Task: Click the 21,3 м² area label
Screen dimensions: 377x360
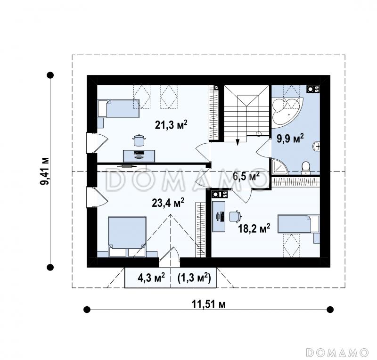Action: tap(171, 124)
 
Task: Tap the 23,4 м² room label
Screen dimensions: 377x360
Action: tap(168, 203)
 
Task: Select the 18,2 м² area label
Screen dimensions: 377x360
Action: tap(254, 228)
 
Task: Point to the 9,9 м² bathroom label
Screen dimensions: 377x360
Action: tap(290, 139)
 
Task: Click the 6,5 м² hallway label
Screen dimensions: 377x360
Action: tap(246, 176)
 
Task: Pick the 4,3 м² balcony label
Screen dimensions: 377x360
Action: tap(151, 278)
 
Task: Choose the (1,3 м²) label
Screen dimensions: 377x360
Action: tap(194, 278)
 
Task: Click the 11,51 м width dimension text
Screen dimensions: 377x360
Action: tap(208, 304)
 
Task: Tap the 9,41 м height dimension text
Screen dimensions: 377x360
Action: tap(44, 171)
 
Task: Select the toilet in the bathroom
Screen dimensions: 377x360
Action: tap(306, 168)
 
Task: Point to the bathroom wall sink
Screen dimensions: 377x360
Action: tap(316, 146)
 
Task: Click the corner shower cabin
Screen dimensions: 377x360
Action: tap(279, 166)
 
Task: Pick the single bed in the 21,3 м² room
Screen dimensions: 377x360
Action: tap(119, 109)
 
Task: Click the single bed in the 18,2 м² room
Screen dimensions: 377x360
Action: tap(299, 224)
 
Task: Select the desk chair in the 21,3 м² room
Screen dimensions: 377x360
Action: tap(139, 140)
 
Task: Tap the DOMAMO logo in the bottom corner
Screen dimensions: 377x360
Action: tap(337, 352)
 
